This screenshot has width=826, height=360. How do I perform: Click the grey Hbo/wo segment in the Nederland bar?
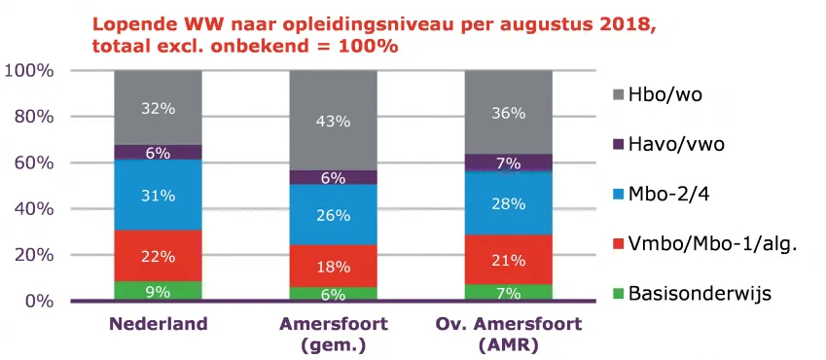pyautogui.click(x=158, y=108)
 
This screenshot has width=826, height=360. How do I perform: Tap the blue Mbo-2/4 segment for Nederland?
pyautogui.click(x=158, y=195)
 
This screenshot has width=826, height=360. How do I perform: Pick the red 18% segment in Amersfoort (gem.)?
pyautogui.click(x=333, y=266)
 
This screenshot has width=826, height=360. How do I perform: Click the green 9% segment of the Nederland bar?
pyautogui.click(x=158, y=290)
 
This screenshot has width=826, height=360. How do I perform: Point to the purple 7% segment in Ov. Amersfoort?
pyautogui.click(x=508, y=162)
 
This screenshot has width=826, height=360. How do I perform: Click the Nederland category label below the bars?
pyautogui.click(x=157, y=324)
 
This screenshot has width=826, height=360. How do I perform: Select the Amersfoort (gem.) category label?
pyautogui.click(x=333, y=334)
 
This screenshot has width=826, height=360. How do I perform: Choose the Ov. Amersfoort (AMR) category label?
pyautogui.click(x=508, y=334)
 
